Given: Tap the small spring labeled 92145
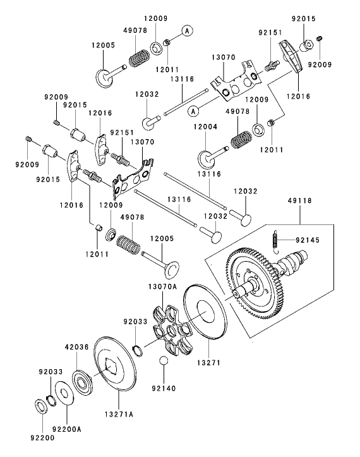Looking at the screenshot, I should coord(275,240).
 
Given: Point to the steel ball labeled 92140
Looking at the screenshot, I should coord(163,361).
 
